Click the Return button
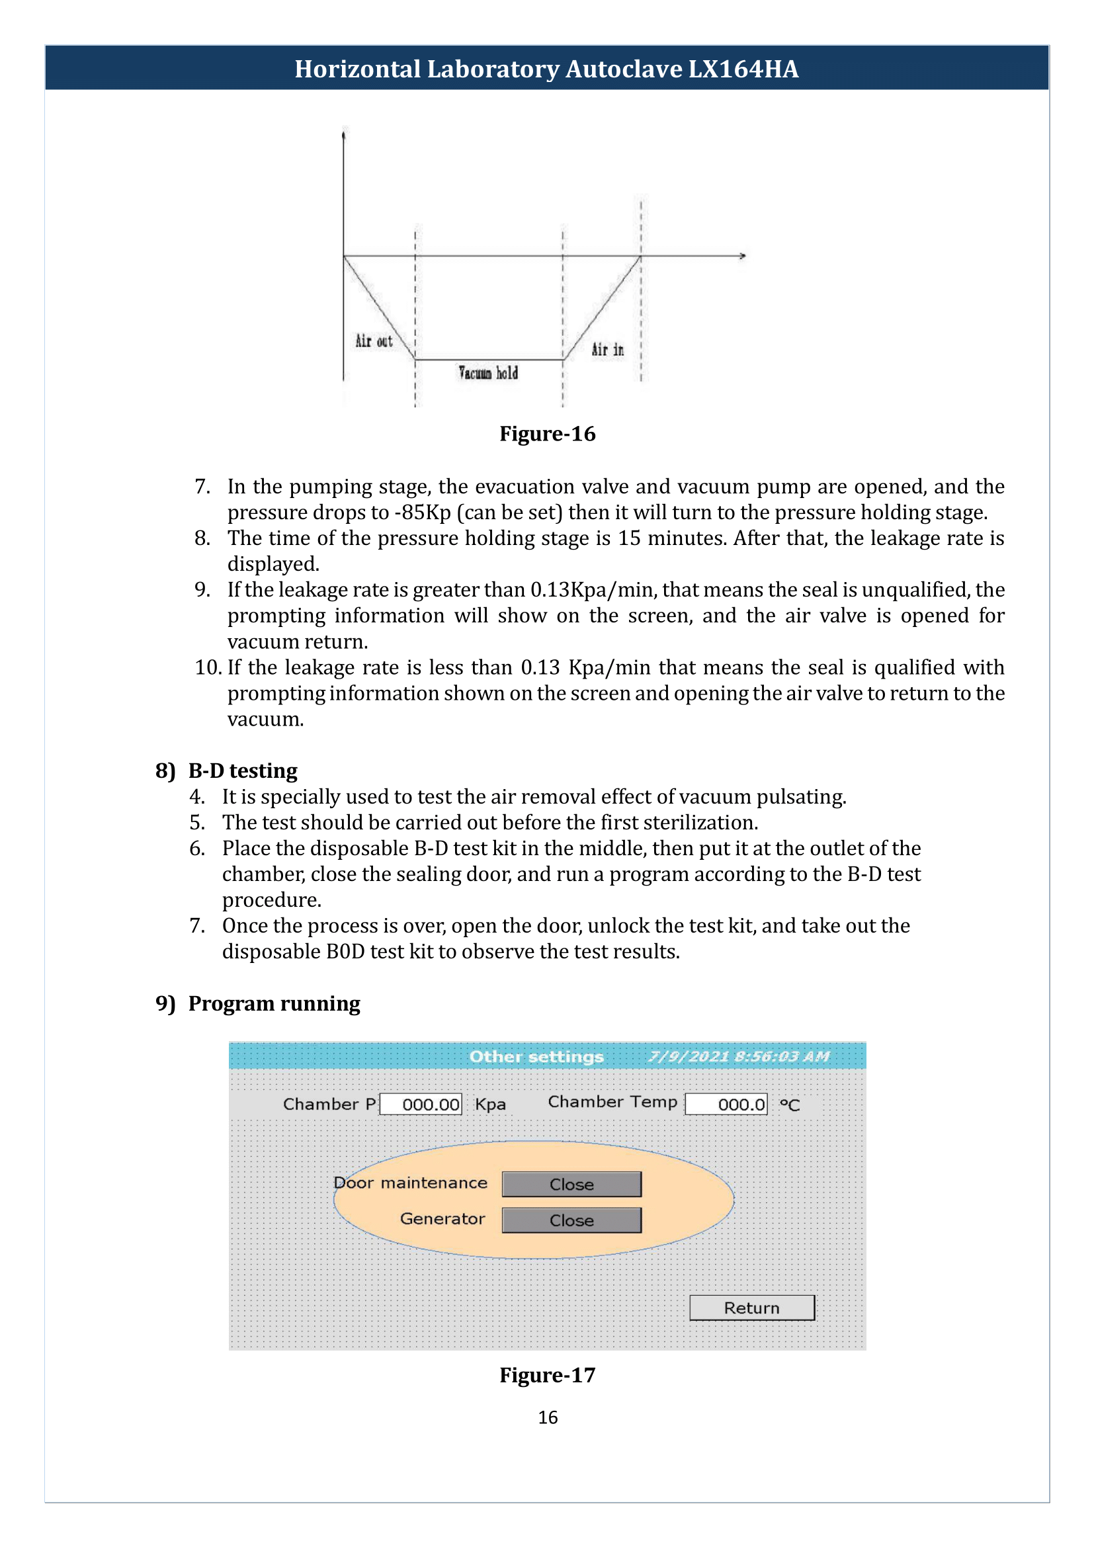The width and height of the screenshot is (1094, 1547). pyautogui.click(x=752, y=1307)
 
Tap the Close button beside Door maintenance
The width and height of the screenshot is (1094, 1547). pyautogui.click(x=571, y=1184)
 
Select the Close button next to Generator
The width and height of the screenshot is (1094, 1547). pyautogui.click(x=571, y=1220)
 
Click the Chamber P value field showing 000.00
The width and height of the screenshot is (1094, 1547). pyautogui.click(x=421, y=1104)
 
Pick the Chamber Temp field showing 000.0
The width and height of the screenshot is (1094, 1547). pyautogui.click(x=726, y=1104)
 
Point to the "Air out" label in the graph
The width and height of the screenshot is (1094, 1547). pyautogui.click(x=374, y=341)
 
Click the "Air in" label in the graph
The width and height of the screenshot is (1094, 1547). pyautogui.click(x=608, y=349)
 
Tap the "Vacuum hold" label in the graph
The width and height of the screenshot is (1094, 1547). pyautogui.click(x=488, y=372)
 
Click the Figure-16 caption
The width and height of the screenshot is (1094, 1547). pyautogui.click(x=547, y=434)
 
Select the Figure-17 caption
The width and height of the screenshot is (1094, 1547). pyautogui.click(x=547, y=1374)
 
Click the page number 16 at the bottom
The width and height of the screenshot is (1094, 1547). pyautogui.click(x=548, y=1417)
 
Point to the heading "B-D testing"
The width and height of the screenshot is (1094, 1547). pyautogui.click(x=243, y=770)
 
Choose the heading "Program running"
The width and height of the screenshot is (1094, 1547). pyautogui.click(x=274, y=1003)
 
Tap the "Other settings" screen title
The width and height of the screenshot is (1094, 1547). pyautogui.click(x=536, y=1056)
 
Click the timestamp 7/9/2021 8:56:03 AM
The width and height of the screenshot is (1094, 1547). pyautogui.click(x=739, y=1056)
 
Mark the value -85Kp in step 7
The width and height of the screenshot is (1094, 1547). pyautogui.click(x=423, y=512)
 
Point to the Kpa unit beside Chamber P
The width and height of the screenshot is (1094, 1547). pyautogui.click(x=490, y=1105)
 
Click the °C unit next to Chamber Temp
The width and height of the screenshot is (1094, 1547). pyautogui.click(x=790, y=1105)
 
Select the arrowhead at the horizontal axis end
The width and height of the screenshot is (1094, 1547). pyautogui.click(x=743, y=256)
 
